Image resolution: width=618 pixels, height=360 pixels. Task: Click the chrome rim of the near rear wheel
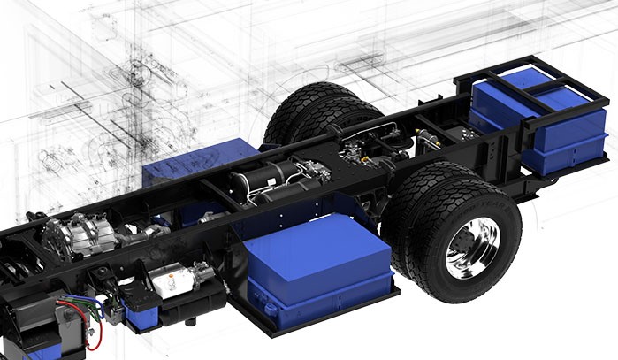[x=474, y=247]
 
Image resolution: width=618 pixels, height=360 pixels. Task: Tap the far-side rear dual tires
[x=309, y=111]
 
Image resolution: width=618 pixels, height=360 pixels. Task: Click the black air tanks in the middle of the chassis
[x=265, y=181]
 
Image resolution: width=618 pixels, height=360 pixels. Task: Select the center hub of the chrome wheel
[x=474, y=248]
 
